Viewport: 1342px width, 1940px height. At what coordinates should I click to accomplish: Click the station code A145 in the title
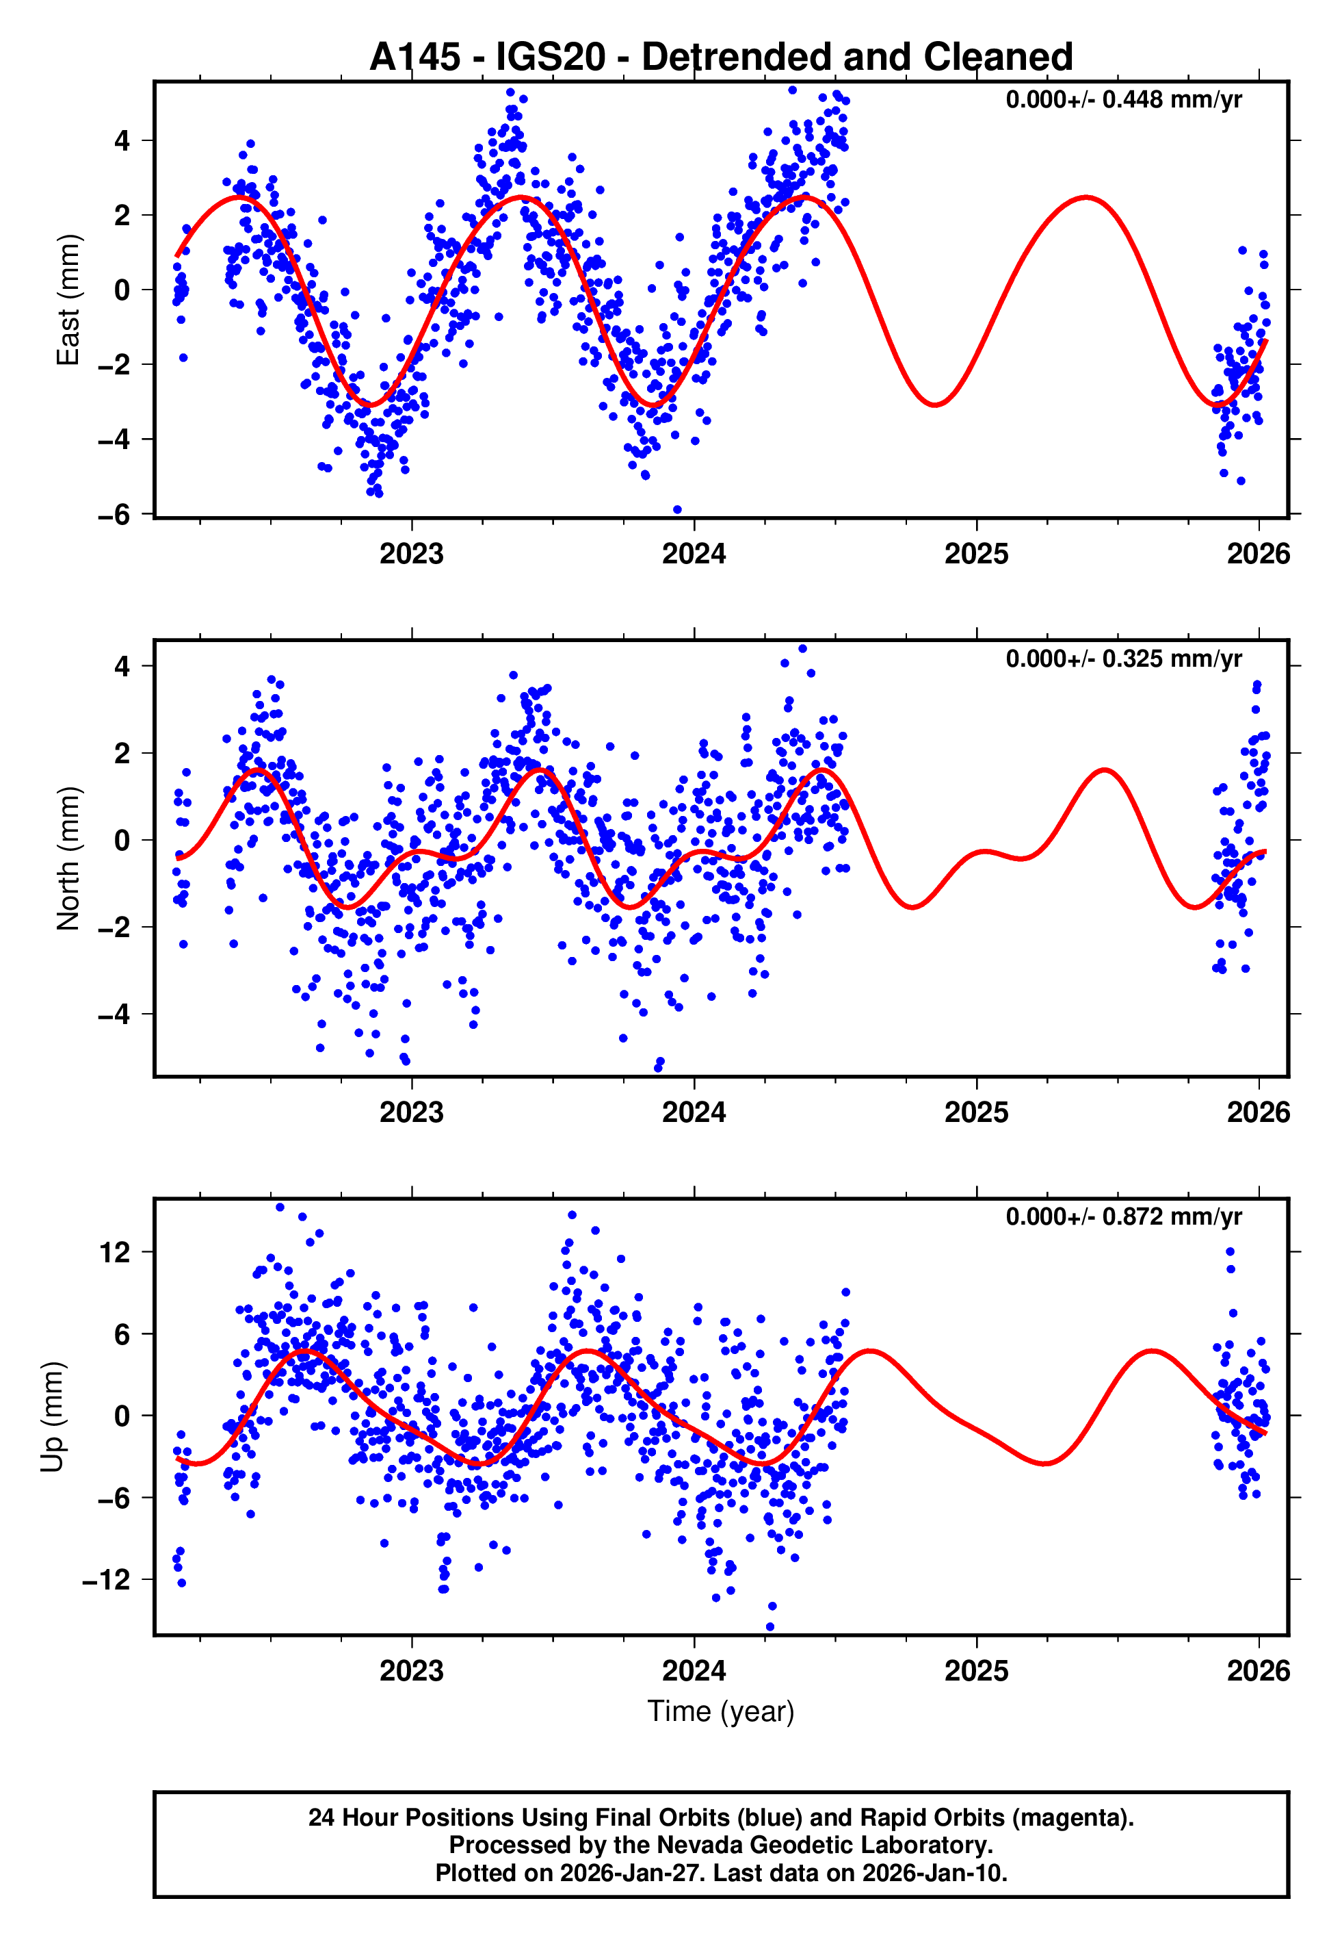point(415,58)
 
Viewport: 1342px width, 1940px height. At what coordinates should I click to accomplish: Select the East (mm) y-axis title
point(67,300)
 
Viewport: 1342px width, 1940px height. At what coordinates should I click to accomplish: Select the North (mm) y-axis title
point(67,858)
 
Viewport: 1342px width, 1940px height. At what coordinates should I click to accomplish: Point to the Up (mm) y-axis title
point(52,1417)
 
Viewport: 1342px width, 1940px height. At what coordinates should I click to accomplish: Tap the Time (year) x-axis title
point(721,1711)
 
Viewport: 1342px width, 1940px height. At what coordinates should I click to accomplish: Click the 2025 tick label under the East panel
point(976,554)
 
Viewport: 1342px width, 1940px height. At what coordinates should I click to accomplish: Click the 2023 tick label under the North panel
point(411,1112)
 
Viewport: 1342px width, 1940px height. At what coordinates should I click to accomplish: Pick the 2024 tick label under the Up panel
point(694,1670)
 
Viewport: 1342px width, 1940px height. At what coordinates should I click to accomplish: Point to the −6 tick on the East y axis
point(114,514)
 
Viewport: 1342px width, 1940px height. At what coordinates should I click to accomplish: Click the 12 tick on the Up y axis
point(115,1253)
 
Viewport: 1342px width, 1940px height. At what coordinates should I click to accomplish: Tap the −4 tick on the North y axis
point(114,1014)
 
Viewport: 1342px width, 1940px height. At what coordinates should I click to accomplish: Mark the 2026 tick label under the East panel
point(1258,554)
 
